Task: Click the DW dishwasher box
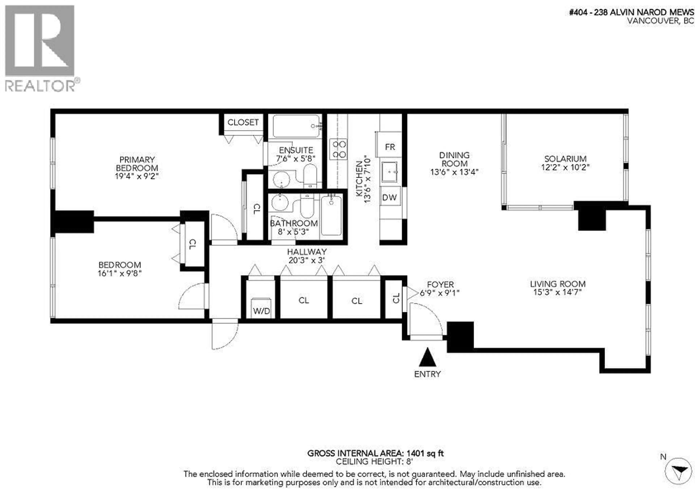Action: click(389, 197)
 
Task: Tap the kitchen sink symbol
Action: click(389, 172)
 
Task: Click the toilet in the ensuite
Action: click(310, 176)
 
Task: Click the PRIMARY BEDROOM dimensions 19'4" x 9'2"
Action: click(137, 176)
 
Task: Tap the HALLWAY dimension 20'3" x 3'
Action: click(307, 260)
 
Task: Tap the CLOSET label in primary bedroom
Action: click(243, 122)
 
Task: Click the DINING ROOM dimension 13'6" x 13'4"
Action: click(454, 172)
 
